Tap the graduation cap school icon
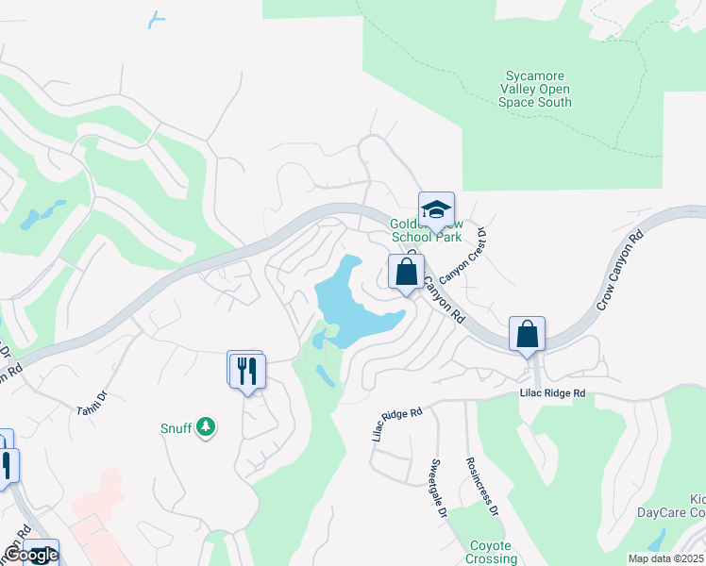point(436,209)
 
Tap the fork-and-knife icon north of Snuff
point(247,369)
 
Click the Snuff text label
point(176,427)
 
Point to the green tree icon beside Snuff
point(206,428)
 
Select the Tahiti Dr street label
point(92,401)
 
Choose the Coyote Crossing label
point(490,552)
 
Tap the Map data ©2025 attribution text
point(665,558)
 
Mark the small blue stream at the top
point(157,19)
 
